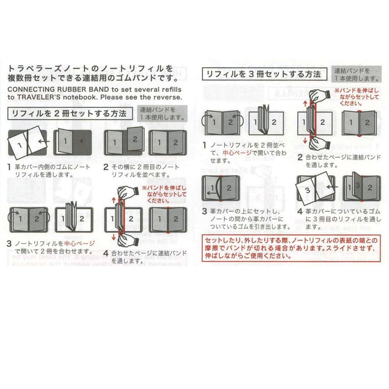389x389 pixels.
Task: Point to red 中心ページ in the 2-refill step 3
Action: coord(80,243)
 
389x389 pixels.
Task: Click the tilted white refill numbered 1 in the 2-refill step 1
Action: coord(20,144)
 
